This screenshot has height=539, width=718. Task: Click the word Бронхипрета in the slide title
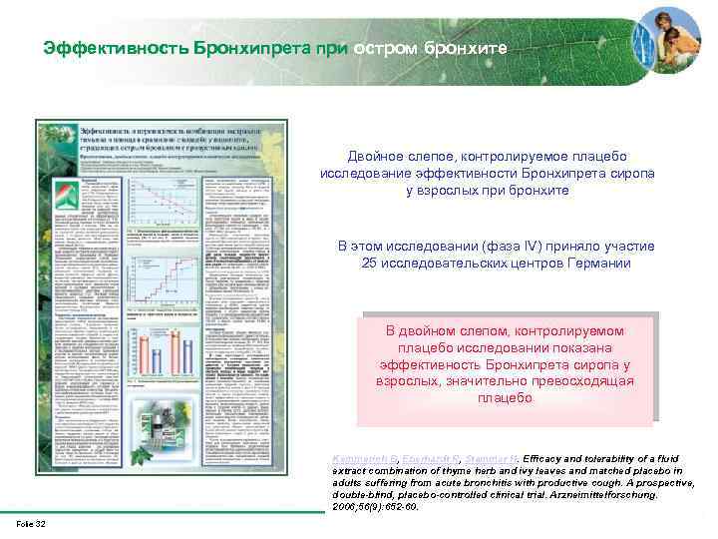tap(241, 48)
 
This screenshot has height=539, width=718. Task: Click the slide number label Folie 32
tap(31, 525)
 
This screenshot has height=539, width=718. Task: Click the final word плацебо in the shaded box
tap(505, 398)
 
